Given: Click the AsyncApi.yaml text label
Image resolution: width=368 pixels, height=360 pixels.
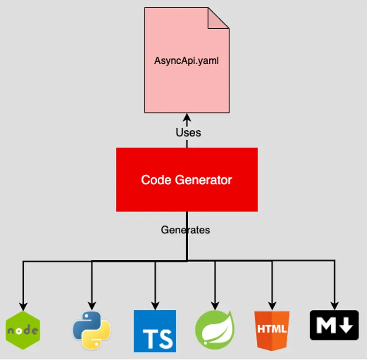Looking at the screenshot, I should (x=186, y=61).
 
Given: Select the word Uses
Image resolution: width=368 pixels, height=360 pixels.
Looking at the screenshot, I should (x=188, y=133).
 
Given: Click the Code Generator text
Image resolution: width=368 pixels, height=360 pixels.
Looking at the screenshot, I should (x=186, y=180).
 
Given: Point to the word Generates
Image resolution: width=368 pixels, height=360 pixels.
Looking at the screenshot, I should (x=185, y=230).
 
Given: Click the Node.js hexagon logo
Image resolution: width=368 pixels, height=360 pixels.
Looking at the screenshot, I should (x=23, y=330).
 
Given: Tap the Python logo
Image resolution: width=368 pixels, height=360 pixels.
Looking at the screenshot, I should (x=92, y=330).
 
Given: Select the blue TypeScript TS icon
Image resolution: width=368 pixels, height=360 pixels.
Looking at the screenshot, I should (x=155, y=331).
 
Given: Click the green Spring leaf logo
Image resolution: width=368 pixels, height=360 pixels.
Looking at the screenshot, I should (x=215, y=330).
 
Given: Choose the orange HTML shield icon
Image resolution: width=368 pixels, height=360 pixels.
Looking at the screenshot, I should (x=272, y=329).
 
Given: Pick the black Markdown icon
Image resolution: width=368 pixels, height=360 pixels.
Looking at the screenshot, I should (x=334, y=325).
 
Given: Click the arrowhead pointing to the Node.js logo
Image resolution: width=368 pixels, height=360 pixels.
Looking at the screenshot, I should (x=23, y=304).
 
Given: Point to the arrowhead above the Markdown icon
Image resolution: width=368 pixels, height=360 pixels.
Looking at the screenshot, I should (x=334, y=302).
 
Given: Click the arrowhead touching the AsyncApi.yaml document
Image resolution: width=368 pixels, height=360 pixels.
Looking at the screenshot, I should (x=187, y=117).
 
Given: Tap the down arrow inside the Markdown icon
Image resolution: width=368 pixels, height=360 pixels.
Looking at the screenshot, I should (x=347, y=325).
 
